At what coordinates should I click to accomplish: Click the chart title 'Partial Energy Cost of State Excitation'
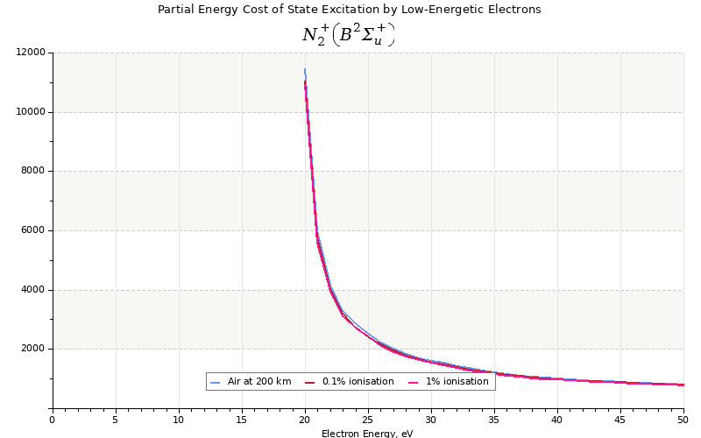[x=349, y=10]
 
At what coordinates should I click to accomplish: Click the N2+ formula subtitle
[x=348, y=34]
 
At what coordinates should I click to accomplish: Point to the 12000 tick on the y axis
[x=31, y=53]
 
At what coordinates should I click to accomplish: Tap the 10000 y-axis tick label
[x=31, y=112]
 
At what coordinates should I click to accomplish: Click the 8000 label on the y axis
[x=33, y=171]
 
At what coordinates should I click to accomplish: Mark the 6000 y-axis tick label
[x=33, y=230]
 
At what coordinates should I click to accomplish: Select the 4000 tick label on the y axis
[x=33, y=290]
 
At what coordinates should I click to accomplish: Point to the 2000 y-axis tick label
[x=33, y=349]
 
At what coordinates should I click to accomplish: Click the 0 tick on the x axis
[x=53, y=420]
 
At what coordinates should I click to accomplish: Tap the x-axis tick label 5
[x=116, y=420]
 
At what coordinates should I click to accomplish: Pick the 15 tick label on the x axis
[x=242, y=420]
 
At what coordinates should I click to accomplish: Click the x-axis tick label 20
[x=305, y=420]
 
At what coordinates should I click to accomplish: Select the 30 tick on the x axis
[x=431, y=420]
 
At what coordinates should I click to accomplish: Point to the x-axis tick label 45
[x=620, y=420]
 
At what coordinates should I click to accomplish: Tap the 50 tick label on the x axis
[x=683, y=420]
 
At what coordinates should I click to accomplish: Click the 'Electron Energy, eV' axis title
[x=367, y=433]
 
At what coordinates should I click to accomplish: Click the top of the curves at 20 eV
[x=305, y=69]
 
